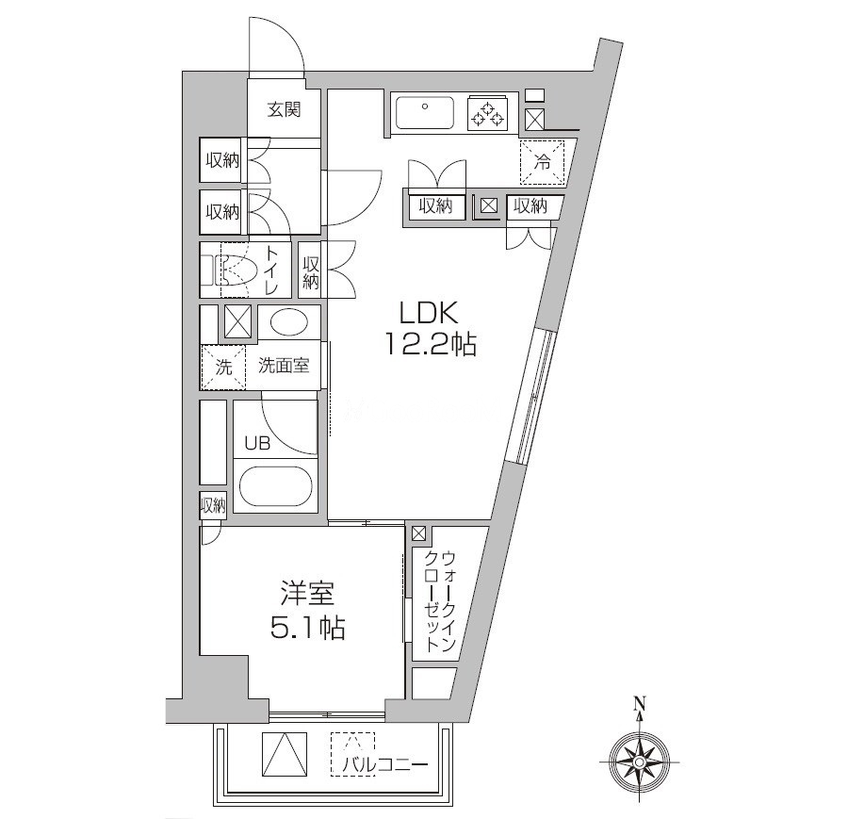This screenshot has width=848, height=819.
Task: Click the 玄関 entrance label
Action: click(284, 110)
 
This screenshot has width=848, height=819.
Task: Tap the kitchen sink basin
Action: click(425, 114)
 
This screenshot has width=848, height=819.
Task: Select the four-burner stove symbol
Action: click(488, 114)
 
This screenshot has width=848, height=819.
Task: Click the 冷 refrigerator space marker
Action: click(543, 162)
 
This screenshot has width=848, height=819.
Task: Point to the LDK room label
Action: click(429, 312)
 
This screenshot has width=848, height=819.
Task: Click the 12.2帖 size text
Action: click(429, 346)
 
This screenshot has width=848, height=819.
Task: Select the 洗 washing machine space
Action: click(223, 367)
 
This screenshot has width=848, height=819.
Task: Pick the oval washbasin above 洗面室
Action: click(288, 322)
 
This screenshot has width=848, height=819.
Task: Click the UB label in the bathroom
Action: click(257, 444)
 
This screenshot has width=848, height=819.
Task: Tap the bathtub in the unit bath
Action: click(275, 487)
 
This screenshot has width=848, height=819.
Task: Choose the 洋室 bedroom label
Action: click(307, 595)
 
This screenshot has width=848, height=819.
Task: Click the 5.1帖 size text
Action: click(307, 628)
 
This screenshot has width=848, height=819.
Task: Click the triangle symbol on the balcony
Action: click(285, 754)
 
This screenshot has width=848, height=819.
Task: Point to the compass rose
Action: click(640, 757)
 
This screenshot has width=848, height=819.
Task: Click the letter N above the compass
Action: click(640, 703)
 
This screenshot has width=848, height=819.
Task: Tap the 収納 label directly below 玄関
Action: click(223, 161)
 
